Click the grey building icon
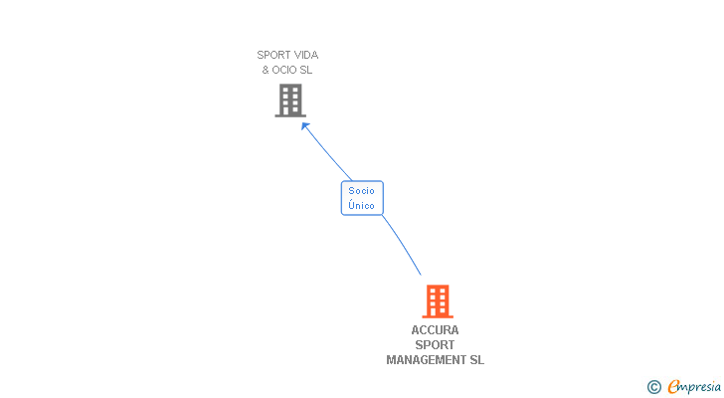coord(289,99)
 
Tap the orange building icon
coord(437,300)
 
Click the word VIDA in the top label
coord(304,56)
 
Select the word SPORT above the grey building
coord(272,56)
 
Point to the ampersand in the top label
coord(266,70)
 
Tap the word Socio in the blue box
coord(362,190)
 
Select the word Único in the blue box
coord(362,205)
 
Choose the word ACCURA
coord(436,330)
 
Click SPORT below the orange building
coord(436,345)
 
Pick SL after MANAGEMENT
coord(476,360)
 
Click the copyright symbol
coord(654,387)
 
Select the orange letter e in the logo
coord(674,387)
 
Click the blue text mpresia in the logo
coord(700,387)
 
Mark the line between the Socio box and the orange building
coord(402,245)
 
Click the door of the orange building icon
coord(437,312)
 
